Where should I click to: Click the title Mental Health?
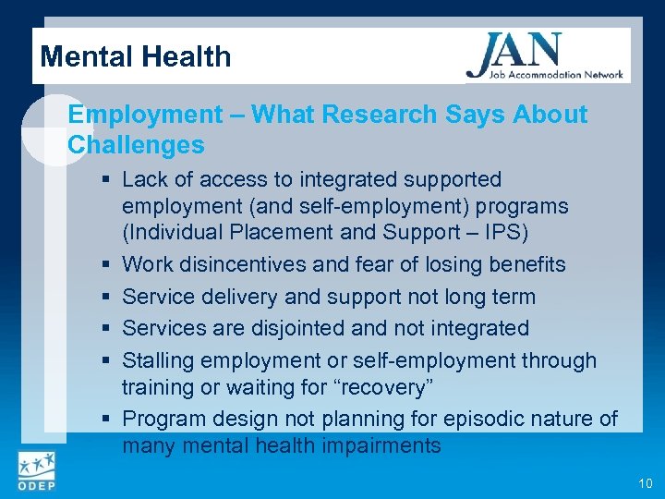pyautogui.click(x=136, y=56)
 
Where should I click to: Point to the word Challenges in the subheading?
pyautogui.click(x=136, y=145)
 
